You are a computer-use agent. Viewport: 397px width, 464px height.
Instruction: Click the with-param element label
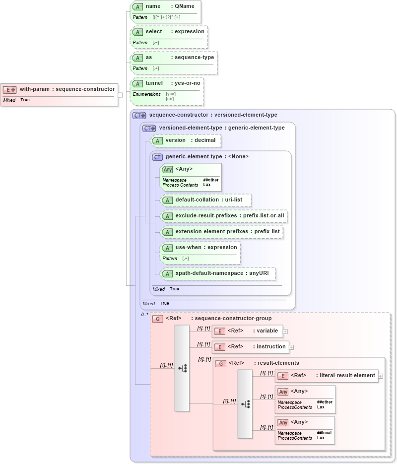tap(67, 89)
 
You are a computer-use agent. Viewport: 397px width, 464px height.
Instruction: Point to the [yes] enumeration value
tap(171, 94)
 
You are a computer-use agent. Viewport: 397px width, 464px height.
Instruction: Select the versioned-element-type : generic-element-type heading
tap(221, 128)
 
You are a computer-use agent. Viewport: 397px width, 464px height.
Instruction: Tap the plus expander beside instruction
tap(291, 347)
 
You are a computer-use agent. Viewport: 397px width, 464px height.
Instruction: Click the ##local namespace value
tap(324, 433)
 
